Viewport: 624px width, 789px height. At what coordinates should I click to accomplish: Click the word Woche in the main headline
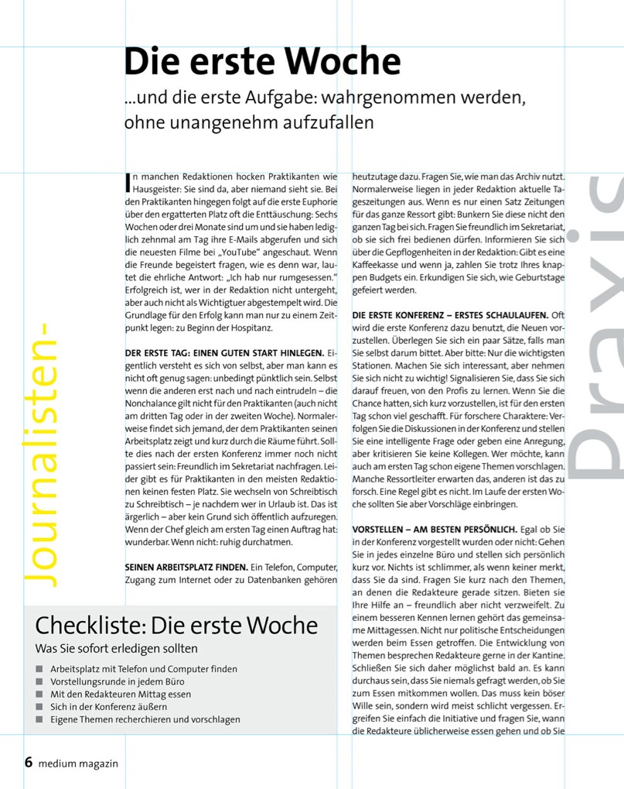[x=335, y=62]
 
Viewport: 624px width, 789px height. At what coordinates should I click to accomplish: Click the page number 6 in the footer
[x=28, y=762]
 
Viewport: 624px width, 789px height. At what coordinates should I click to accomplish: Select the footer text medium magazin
[x=79, y=763]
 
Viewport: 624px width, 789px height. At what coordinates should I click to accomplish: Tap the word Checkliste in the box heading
[x=89, y=625]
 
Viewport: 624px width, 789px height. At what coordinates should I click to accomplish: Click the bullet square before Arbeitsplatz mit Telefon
[x=39, y=669]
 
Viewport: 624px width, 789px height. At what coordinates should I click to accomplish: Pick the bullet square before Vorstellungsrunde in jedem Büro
[x=39, y=681]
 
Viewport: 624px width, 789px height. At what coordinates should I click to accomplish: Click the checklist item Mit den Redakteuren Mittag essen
[x=120, y=695]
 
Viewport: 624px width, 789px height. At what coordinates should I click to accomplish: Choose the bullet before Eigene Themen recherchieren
[x=39, y=719]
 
